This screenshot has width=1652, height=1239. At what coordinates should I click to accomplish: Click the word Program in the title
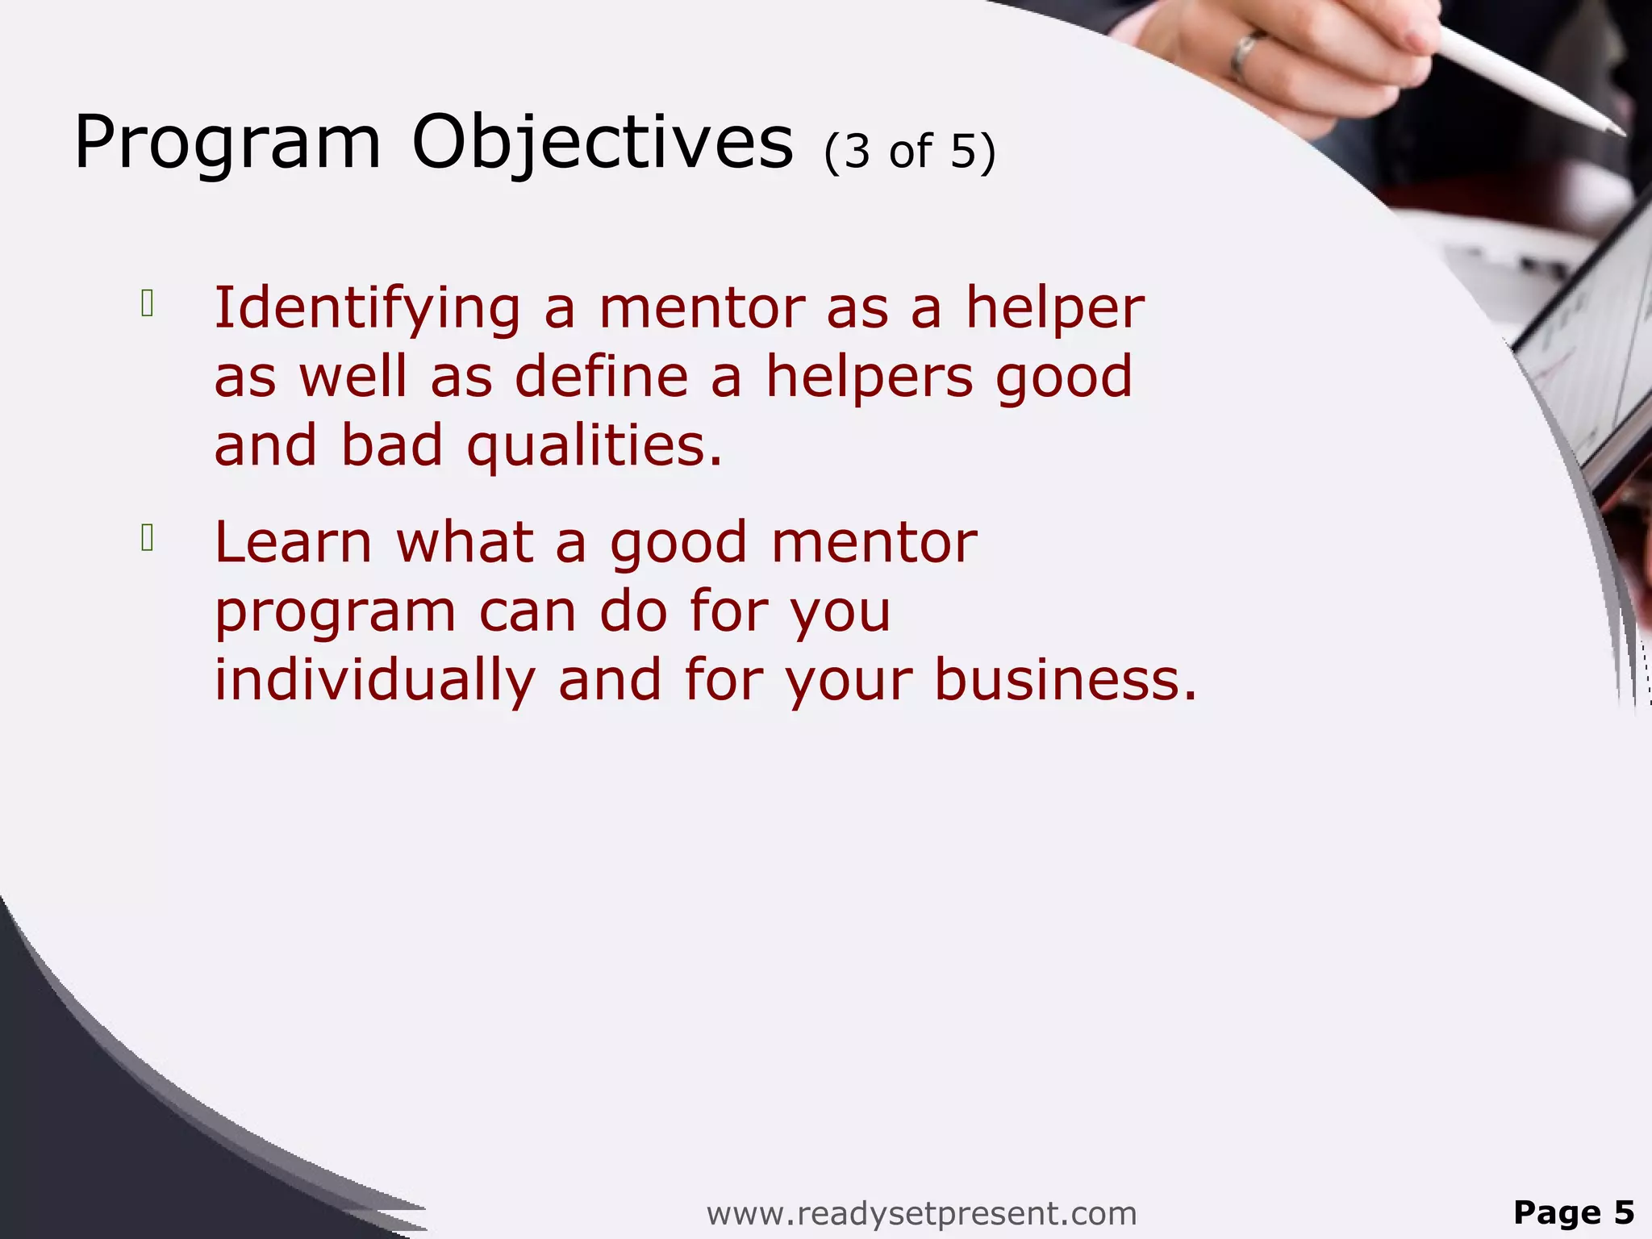click(227, 144)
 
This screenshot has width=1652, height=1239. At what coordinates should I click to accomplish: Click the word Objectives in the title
click(602, 144)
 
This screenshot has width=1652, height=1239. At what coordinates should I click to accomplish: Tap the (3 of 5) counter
click(910, 151)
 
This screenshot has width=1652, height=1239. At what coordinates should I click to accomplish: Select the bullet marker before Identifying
click(147, 303)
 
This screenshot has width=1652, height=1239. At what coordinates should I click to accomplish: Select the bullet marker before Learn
click(147, 537)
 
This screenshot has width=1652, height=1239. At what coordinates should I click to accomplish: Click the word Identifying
click(367, 310)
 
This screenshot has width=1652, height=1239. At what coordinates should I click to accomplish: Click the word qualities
click(594, 446)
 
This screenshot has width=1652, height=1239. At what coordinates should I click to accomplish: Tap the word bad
click(392, 446)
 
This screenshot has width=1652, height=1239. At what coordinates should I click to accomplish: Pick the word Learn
click(294, 542)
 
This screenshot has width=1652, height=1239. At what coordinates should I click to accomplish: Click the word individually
click(374, 679)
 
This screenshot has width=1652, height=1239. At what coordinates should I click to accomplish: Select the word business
click(1065, 679)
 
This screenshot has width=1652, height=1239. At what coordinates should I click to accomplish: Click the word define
click(601, 378)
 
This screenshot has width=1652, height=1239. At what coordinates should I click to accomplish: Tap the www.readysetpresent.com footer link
click(921, 1212)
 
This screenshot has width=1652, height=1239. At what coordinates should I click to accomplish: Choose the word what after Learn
click(465, 542)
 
